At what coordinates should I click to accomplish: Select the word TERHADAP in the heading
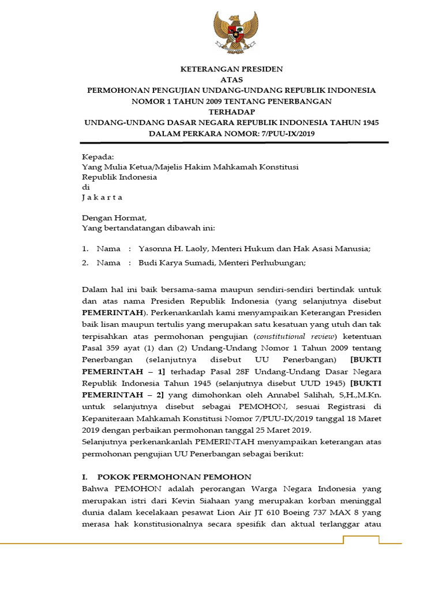click(x=231, y=112)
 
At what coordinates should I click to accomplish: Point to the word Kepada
click(x=98, y=156)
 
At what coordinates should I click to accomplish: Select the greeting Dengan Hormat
click(x=114, y=218)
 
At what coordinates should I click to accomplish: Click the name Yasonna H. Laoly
click(x=171, y=249)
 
